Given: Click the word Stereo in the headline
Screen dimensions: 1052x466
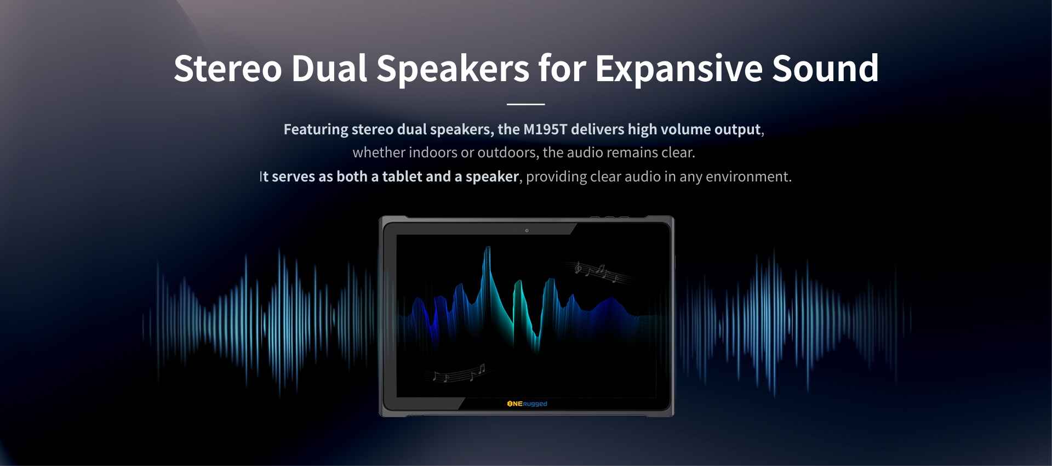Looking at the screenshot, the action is click(x=228, y=69).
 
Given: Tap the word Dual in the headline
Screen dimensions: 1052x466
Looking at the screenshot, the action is click(x=329, y=69).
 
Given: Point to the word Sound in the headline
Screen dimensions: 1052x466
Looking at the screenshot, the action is click(x=826, y=69).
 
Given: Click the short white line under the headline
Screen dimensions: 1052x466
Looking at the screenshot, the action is click(x=526, y=104).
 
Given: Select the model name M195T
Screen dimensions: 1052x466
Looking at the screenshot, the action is click(x=545, y=129).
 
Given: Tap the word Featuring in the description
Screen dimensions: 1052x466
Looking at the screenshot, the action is click(x=316, y=130).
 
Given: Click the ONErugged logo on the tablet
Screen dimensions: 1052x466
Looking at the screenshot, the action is click(x=527, y=404).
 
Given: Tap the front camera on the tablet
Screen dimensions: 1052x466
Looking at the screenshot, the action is click(x=527, y=230).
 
